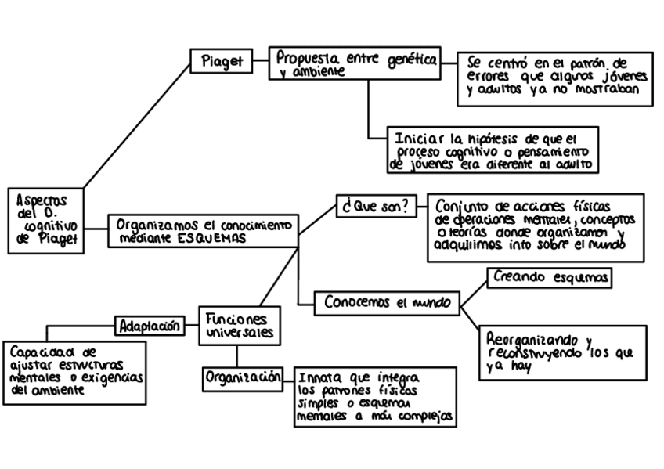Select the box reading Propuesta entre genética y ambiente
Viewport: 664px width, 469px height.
(x=355, y=64)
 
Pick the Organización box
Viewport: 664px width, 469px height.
(x=243, y=377)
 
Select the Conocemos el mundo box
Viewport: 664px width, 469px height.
(x=387, y=303)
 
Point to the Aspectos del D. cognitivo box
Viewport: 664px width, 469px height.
(x=48, y=220)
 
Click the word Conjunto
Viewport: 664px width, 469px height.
(x=462, y=207)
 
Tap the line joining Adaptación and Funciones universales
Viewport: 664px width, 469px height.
(x=192, y=324)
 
